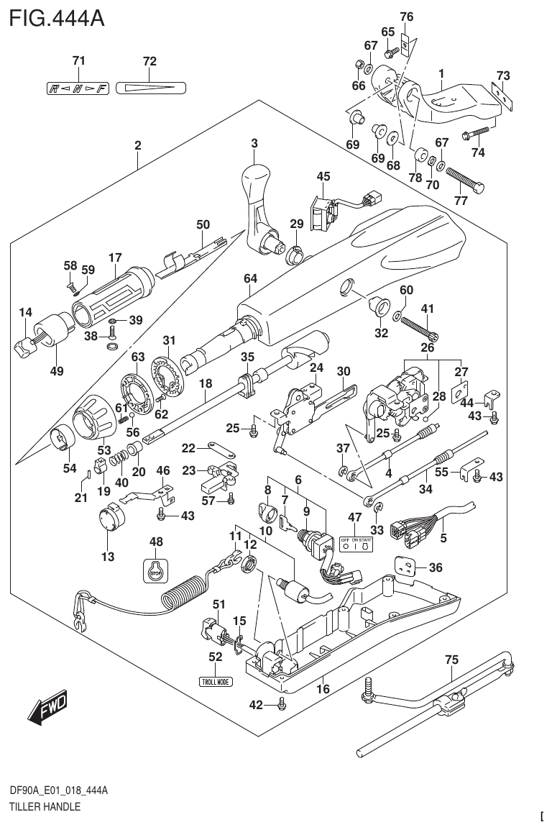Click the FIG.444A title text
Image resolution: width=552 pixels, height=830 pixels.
[57, 18]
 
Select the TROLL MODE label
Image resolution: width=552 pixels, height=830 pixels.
[216, 681]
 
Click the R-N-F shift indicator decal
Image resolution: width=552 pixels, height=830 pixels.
[77, 88]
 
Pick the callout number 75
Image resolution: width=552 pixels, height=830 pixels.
[451, 659]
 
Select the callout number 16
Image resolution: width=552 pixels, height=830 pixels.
[323, 689]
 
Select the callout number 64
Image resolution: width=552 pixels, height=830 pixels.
[249, 278]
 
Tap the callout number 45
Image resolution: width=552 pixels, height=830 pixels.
[323, 176]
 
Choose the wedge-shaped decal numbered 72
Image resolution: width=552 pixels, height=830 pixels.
[149, 88]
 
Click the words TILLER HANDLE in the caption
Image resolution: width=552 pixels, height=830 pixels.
[45, 807]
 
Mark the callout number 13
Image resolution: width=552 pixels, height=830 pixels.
[108, 557]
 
